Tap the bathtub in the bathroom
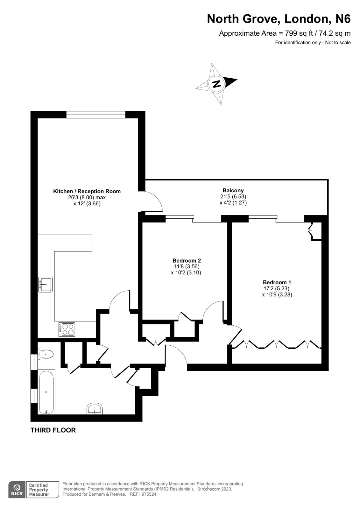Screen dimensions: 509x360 46,392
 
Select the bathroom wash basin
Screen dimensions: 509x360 95,409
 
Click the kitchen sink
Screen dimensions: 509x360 45,284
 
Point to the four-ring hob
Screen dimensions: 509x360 67,329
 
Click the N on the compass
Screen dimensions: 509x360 216,84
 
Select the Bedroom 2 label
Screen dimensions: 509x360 187,260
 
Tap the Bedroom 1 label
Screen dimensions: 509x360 277,282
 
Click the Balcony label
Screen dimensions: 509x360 233,190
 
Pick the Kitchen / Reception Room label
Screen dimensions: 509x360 87,191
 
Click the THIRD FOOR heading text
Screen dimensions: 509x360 53,430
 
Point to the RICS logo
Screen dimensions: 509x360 17,489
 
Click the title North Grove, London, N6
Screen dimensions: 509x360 279,19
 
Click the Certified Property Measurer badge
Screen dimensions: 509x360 42,489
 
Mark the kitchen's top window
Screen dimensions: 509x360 96,114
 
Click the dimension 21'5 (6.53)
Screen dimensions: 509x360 233,196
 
